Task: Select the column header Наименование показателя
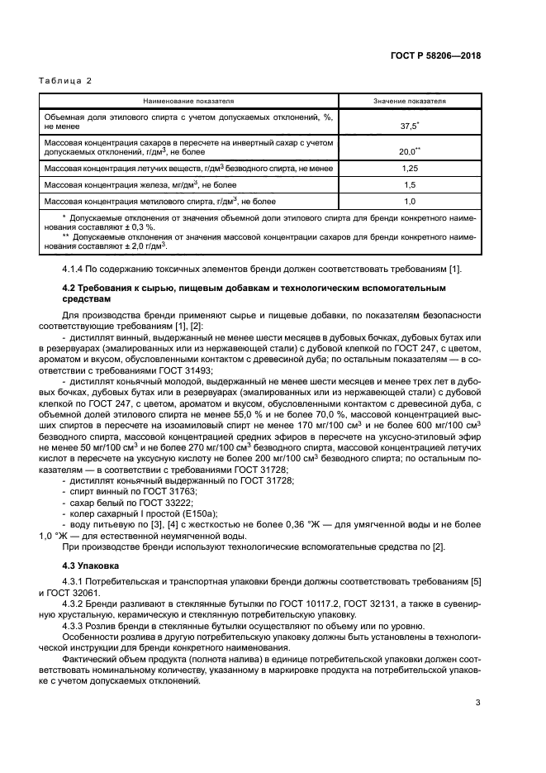click(188, 101)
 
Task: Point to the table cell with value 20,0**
click(409, 150)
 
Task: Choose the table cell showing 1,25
click(409, 168)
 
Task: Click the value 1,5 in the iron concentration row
click(409, 184)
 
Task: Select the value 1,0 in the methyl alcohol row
click(409, 201)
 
